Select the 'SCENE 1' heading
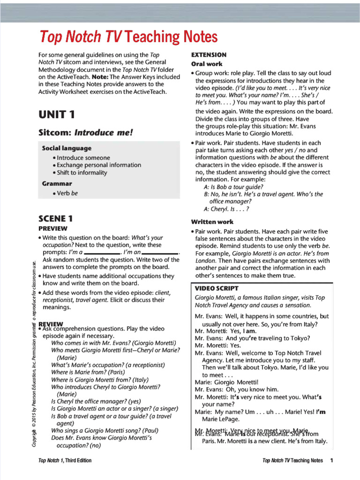[55, 218]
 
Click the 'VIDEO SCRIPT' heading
[217, 288]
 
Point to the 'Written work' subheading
[212, 222]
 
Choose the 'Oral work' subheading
[207, 64]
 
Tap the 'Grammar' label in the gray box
[57, 183]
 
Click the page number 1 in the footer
[331, 460]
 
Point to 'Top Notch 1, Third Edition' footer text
[65, 460]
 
